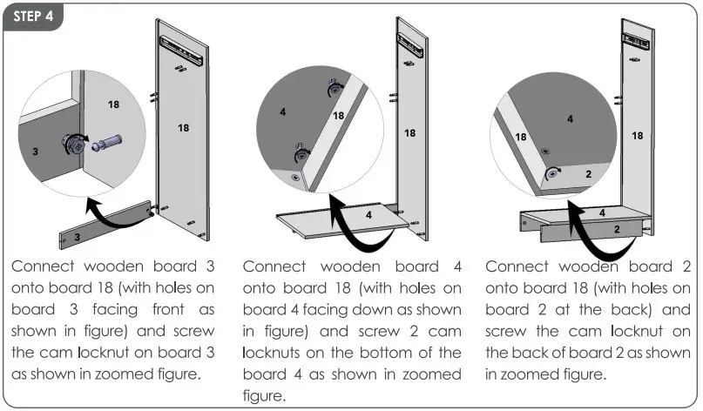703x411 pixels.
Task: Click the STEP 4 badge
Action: (x=33, y=18)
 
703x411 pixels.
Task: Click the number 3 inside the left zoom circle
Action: (x=36, y=152)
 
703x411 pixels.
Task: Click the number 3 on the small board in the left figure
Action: (x=77, y=236)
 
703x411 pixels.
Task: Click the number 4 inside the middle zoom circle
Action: (x=283, y=112)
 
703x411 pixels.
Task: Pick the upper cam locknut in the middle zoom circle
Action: (x=334, y=88)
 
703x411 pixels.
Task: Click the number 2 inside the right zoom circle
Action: (x=588, y=175)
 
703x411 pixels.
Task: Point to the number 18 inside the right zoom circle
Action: (x=521, y=138)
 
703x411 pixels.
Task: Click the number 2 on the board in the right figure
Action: (x=616, y=228)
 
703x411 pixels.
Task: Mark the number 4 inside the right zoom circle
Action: (x=570, y=118)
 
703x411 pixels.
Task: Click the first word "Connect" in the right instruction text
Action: (x=517, y=266)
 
